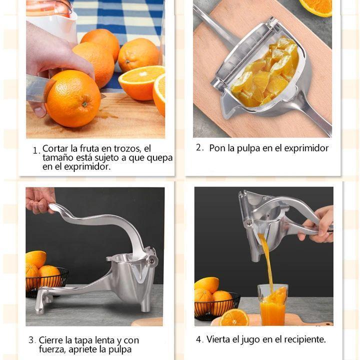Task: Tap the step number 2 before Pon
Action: pyautogui.click(x=198, y=147)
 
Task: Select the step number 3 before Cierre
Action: pyautogui.click(x=31, y=340)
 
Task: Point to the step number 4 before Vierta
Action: pyautogui.click(x=199, y=339)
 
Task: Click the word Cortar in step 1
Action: pyautogui.click(x=55, y=148)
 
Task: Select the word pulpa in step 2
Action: pyautogui.click(x=248, y=148)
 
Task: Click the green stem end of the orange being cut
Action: pyautogui.click(x=85, y=104)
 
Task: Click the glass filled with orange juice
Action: pyautogui.click(x=272, y=304)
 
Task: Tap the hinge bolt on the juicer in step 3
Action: pyautogui.click(x=152, y=260)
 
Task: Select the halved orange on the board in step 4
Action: pyautogui.click(x=233, y=317)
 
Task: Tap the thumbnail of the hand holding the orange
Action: pyautogui.click(x=40, y=112)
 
